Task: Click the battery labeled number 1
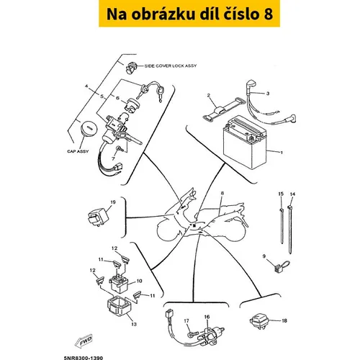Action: (244, 142)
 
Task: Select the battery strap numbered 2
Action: (224, 109)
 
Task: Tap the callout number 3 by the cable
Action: (268, 94)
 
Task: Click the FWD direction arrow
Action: (84, 341)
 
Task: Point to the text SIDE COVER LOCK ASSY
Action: (171, 66)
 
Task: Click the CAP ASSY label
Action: (78, 151)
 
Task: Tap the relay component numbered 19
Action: (99, 217)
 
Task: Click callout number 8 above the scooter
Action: (222, 193)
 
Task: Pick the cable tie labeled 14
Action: (290, 230)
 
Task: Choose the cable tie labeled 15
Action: (282, 226)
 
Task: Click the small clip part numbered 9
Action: (281, 266)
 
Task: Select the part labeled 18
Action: (258, 321)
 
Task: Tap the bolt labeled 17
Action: (192, 334)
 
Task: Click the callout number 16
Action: (207, 317)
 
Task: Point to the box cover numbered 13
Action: (120, 308)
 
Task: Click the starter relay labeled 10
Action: (119, 284)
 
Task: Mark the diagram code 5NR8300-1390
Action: (84, 358)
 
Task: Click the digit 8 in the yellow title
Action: (268, 14)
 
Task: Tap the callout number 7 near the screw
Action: (113, 158)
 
